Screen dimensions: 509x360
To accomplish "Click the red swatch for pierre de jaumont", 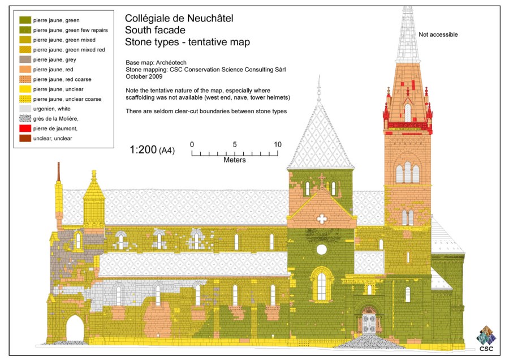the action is point(25,128).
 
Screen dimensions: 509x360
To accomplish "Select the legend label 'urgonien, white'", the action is point(51,109).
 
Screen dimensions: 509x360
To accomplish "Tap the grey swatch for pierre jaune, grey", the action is point(25,59).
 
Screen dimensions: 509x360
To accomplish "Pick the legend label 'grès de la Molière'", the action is point(55,119).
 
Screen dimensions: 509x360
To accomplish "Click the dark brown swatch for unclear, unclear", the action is point(25,138).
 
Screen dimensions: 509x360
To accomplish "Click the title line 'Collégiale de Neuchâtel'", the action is point(179,18).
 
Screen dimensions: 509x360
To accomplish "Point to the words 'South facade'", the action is point(155,30).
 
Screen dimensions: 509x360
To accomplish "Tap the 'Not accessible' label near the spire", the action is point(438,35).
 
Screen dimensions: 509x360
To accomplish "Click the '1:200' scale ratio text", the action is point(143,149).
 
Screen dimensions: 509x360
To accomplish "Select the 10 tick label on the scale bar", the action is point(278,144).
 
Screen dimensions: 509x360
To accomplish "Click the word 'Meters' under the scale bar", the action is point(234,160).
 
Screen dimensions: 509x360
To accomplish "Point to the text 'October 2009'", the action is point(144,76).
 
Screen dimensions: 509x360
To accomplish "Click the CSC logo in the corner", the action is point(486,339).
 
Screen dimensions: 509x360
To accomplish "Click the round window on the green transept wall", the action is point(321,250).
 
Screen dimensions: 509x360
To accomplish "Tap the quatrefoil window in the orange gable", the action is point(322,218).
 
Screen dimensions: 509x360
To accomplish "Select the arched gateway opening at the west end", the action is point(75,328).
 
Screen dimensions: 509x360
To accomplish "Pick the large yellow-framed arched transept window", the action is point(321,285).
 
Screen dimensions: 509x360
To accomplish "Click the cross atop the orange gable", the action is point(322,179).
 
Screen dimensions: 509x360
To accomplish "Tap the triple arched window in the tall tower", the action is point(407,173).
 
